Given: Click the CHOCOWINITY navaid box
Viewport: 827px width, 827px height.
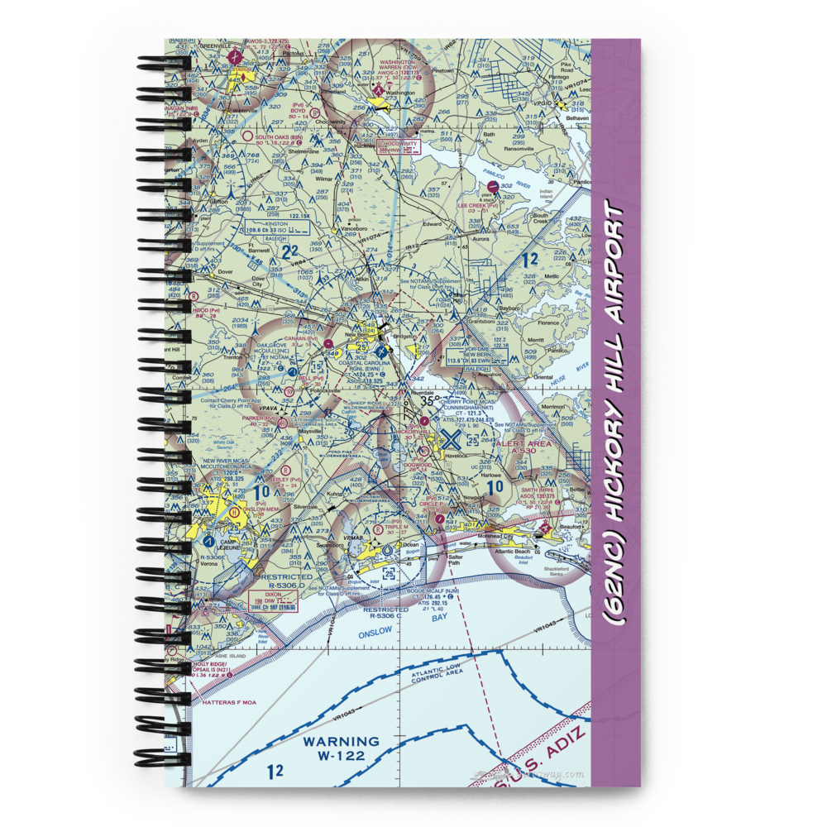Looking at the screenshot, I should tap(398, 146).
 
